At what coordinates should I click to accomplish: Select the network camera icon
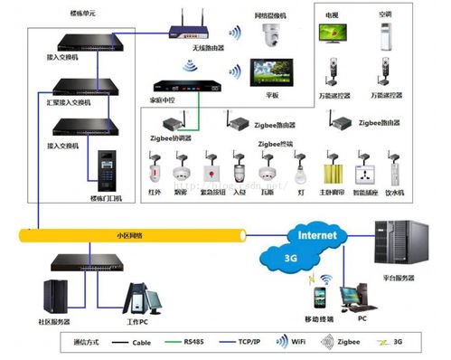pos(270,35)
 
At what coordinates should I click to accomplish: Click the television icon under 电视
pos(333,33)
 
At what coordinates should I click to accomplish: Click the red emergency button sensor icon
pos(215,172)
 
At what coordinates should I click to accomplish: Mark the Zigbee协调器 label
pos(171,139)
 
